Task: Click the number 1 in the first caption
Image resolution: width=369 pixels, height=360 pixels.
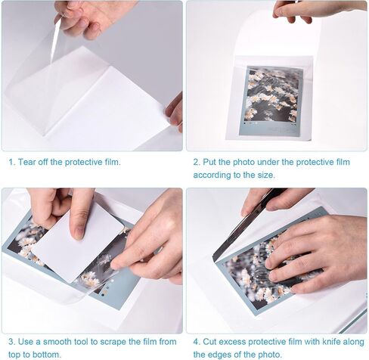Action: coord(11,162)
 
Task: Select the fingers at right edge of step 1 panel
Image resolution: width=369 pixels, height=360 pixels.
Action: coord(175,110)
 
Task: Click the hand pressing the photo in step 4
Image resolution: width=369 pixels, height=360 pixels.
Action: coord(318,250)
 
